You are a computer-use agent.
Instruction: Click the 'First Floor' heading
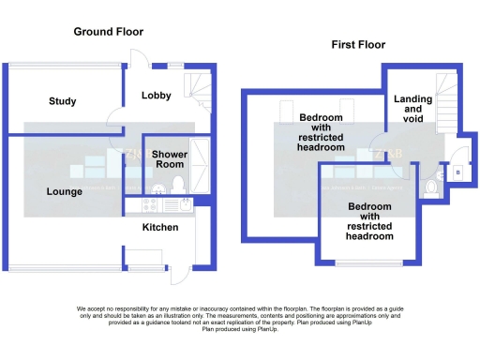358,44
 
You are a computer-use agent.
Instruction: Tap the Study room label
63,101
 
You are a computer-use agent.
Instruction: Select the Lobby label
156,96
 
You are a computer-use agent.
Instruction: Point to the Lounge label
65,191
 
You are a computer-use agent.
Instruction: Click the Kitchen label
159,228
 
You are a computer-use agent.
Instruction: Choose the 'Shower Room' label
171,159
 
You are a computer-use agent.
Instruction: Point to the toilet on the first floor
430,187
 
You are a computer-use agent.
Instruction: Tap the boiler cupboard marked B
457,173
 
